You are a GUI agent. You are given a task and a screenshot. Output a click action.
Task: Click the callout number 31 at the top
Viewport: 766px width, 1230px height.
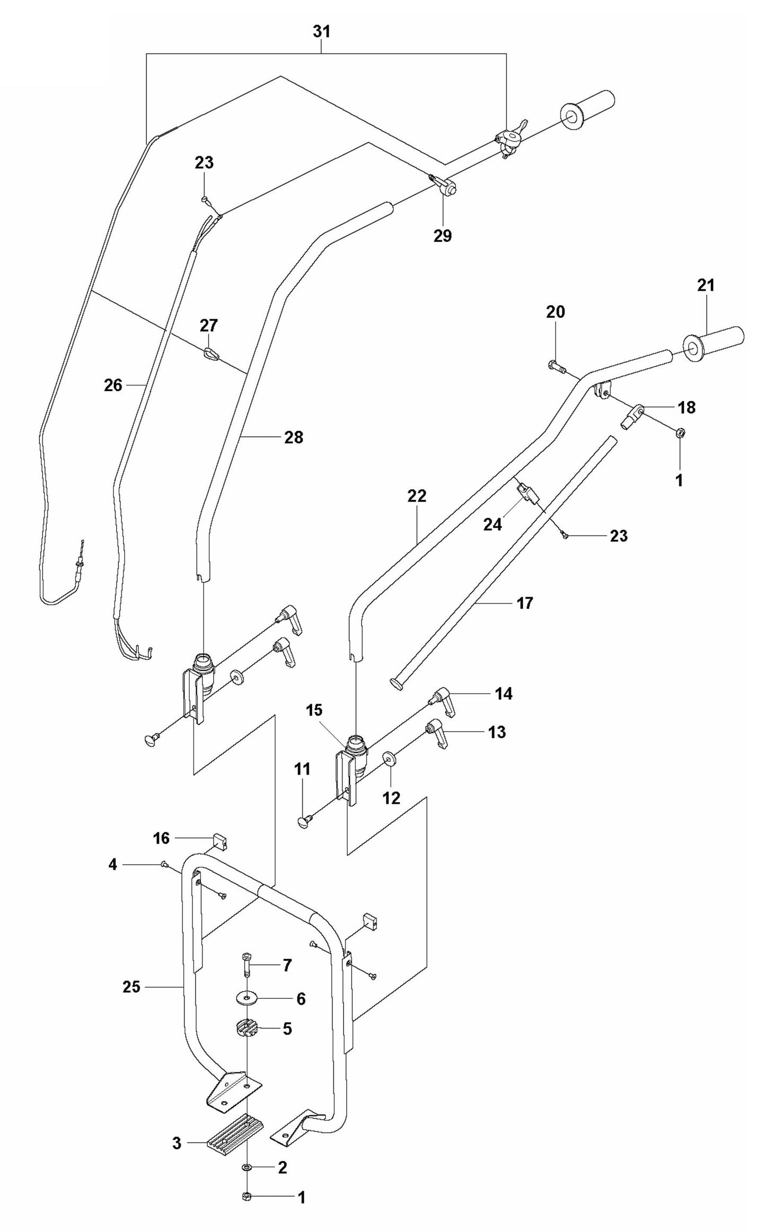click(321, 32)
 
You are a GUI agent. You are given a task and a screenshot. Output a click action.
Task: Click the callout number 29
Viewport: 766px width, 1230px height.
click(443, 236)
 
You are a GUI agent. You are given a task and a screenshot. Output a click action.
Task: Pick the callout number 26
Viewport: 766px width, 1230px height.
click(113, 385)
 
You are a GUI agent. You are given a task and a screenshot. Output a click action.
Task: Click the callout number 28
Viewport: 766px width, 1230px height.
click(294, 437)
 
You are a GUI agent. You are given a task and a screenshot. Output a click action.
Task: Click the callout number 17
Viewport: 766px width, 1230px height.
click(524, 603)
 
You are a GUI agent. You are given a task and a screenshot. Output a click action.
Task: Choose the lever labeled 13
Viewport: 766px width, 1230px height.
click(439, 734)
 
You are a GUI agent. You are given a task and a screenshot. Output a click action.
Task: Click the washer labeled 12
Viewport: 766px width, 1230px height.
click(390, 759)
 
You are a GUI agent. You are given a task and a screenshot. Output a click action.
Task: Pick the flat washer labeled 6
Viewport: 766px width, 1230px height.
click(248, 998)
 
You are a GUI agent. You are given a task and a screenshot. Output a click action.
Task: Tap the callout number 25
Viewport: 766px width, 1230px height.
click(131, 987)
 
